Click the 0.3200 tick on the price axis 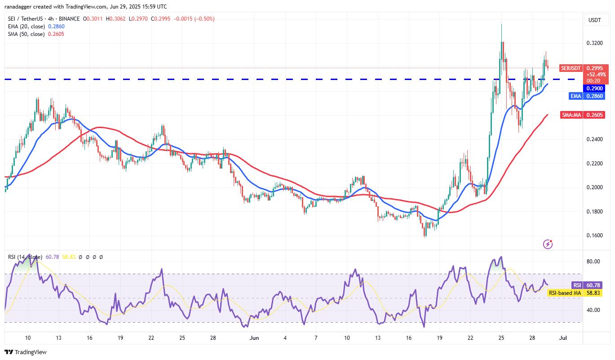[x=594, y=43]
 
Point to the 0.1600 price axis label [x=594, y=236]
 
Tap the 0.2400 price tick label [x=594, y=139]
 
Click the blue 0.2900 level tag [x=596, y=89]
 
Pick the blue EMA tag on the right [x=576, y=96]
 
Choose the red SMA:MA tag [x=571, y=116]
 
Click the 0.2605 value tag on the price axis [x=596, y=116]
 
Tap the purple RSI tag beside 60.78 [x=577, y=285]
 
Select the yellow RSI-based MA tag [x=565, y=293]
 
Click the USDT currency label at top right [x=595, y=20]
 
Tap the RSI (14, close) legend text [x=25, y=257]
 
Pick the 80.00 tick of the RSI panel [x=594, y=262]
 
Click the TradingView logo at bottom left [x=26, y=352]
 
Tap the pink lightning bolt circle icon [x=548, y=244]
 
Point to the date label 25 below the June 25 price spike [x=501, y=338]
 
